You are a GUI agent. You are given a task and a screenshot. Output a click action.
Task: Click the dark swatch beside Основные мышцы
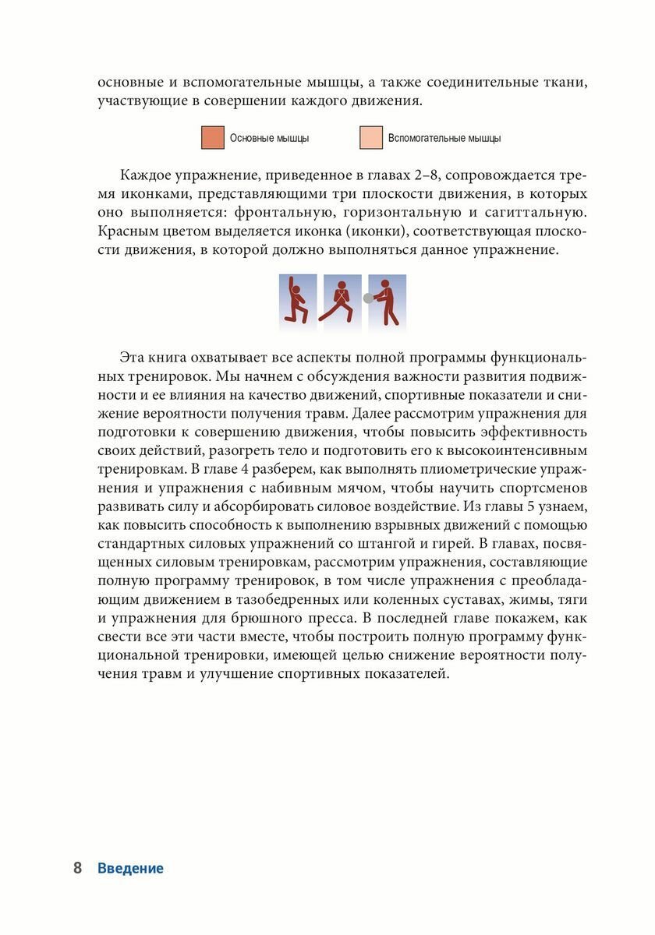213,138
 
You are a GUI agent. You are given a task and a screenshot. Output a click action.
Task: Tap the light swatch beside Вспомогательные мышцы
371,138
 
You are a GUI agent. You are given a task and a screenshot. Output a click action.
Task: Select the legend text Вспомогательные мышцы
444,139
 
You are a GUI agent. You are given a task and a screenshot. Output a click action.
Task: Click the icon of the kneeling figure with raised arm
298,299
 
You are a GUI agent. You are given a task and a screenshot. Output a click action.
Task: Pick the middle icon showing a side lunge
342,299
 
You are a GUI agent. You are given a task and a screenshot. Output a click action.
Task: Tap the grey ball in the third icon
368,298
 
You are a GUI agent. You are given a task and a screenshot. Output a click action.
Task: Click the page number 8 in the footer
77,869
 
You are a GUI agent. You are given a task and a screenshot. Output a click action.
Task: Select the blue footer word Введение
131,869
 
